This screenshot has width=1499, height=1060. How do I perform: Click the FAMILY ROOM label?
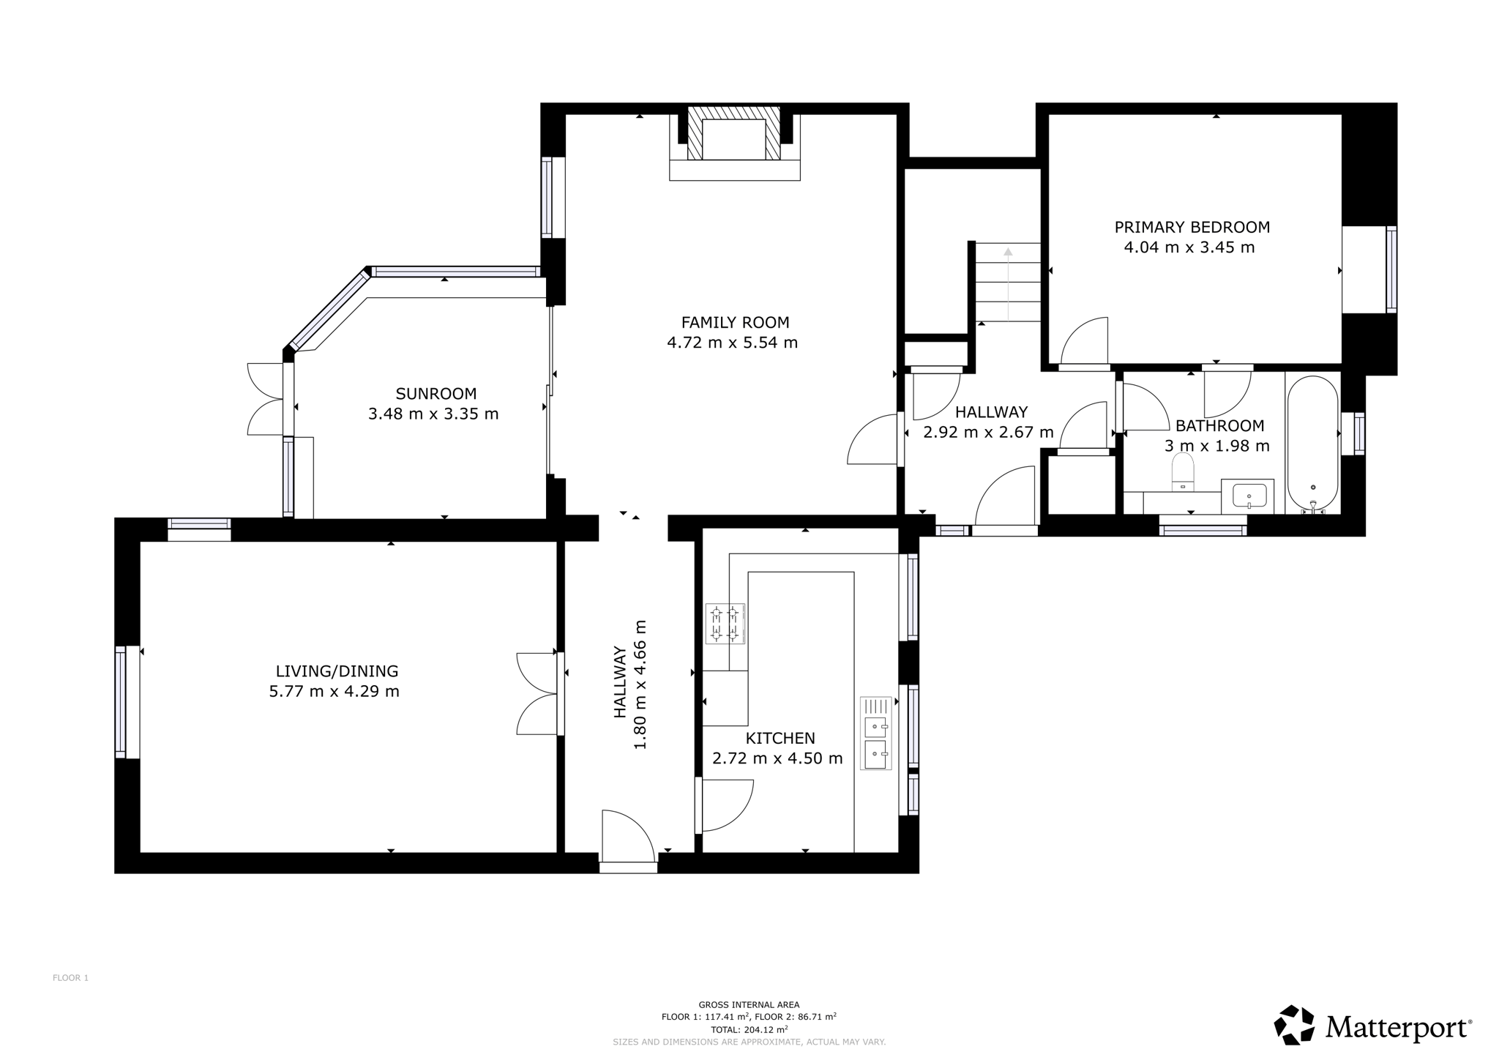pyautogui.click(x=735, y=322)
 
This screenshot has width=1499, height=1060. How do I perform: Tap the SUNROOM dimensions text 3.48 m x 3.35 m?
pyautogui.click(x=433, y=414)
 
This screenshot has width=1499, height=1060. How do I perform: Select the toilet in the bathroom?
pyautogui.click(x=1183, y=473)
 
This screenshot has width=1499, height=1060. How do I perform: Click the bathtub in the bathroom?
pyautogui.click(x=1313, y=443)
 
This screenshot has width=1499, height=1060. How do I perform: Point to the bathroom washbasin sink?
pyautogui.click(x=1249, y=496)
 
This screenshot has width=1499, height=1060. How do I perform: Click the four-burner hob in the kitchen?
pyautogui.click(x=725, y=624)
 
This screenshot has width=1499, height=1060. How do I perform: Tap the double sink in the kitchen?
pyautogui.click(x=876, y=734)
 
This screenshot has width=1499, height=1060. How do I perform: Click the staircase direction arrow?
pyautogui.click(x=1008, y=284)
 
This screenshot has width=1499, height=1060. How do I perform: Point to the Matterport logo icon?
pyautogui.click(x=1294, y=1025)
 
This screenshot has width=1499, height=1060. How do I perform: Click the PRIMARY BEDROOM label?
pyautogui.click(x=1192, y=227)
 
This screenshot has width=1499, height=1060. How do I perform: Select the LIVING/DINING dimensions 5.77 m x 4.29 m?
pyautogui.click(x=334, y=691)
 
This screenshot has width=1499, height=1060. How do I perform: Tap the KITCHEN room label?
pyautogui.click(x=780, y=738)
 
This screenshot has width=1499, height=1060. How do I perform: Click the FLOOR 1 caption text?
pyautogui.click(x=70, y=978)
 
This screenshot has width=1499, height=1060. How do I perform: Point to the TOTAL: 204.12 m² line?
pyautogui.click(x=749, y=1029)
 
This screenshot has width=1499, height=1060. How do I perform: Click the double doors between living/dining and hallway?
pyautogui.click(x=538, y=693)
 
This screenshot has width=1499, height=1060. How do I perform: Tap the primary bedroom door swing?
pyautogui.click(x=1083, y=340)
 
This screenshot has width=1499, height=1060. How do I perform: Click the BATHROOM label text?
pyautogui.click(x=1219, y=426)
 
